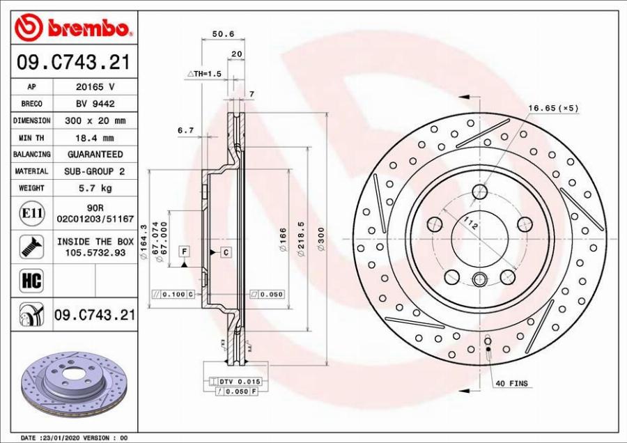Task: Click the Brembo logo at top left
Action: [74, 27]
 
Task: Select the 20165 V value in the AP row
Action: [95, 87]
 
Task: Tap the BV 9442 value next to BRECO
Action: [95, 104]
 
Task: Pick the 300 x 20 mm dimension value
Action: [95, 121]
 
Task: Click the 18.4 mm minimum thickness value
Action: [95, 137]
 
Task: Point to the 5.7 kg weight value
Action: [95, 187]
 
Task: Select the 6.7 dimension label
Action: [185, 130]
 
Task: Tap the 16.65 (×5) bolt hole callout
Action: [553, 108]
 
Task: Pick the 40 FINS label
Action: [511, 383]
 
